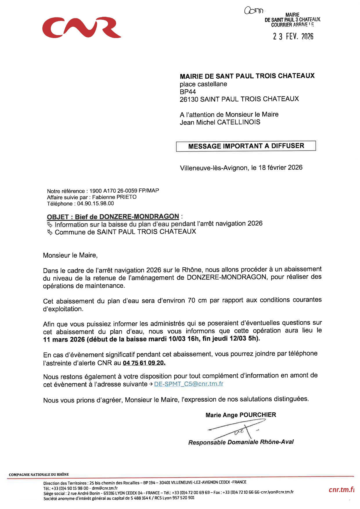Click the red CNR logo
82,28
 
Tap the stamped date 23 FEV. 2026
293,36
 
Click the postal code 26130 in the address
189,99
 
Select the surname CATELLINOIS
239,122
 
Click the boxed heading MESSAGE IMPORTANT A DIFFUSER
246,146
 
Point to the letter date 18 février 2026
280,167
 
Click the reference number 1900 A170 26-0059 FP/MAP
124,191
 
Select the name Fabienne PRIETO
114,197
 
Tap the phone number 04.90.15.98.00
96,203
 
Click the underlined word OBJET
58,217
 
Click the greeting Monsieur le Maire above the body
70,255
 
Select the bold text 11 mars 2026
64,339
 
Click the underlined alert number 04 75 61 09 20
144,363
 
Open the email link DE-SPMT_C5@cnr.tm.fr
188,384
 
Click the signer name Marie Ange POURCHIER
241,415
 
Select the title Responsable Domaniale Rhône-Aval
241,442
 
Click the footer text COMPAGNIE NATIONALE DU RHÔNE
39,474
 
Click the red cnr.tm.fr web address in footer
341,490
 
